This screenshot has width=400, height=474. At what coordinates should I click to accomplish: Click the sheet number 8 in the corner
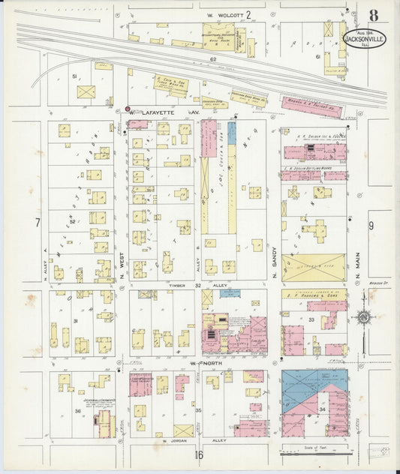[x=373, y=16]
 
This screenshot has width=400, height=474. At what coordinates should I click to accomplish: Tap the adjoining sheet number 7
[x=36, y=223]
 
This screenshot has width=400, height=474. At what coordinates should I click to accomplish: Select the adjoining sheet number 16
[x=199, y=454]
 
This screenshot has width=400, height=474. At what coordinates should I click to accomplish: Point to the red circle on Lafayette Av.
[x=128, y=109]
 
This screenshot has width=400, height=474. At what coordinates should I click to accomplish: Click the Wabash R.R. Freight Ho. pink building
[x=311, y=108]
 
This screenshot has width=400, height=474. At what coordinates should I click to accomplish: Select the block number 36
[x=77, y=410]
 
